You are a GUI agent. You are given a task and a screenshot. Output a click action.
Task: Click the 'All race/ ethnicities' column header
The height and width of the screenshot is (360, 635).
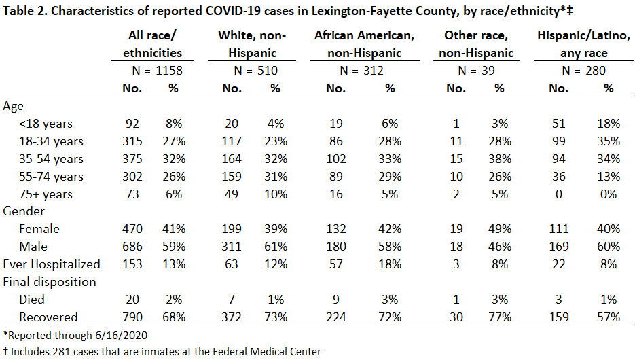(152, 44)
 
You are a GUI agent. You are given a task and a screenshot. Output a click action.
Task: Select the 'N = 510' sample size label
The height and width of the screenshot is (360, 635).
(255, 71)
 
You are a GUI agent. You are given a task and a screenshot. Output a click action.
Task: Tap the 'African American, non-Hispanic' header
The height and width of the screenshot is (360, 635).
(365, 44)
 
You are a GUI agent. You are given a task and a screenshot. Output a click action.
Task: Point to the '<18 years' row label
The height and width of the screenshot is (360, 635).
(46, 124)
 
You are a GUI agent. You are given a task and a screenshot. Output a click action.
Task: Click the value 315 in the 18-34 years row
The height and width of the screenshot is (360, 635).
(132, 141)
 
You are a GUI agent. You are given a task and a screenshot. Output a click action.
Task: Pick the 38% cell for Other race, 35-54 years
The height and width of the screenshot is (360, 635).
(500, 159)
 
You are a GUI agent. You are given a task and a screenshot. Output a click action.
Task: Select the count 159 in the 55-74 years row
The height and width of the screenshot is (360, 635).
(231, 177)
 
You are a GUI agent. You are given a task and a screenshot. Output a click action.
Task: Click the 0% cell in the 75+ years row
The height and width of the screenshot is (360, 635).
(609, 194)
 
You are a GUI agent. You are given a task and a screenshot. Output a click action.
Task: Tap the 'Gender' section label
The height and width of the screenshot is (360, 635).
(24, 211)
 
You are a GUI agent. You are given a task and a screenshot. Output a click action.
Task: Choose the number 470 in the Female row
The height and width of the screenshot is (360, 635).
(132, 229)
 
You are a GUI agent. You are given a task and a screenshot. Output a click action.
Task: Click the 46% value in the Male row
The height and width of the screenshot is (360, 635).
(500, 246)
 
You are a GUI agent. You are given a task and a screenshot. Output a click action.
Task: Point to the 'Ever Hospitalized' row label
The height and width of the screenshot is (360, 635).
(52, 264)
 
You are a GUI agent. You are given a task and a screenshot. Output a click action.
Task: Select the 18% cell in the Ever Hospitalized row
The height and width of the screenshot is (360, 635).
(390, 264)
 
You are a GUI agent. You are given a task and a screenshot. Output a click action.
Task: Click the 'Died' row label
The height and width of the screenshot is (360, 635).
(32, 300)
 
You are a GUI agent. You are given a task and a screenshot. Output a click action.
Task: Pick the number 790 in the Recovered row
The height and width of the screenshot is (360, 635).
(132, 317)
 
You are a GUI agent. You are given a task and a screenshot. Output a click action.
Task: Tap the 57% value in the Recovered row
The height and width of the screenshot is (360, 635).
(609, 317)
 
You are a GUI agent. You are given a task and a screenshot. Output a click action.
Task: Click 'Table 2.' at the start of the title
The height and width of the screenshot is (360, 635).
(25, 11)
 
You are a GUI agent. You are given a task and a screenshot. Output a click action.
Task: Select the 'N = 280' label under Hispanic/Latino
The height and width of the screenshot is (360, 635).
(583, 71)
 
